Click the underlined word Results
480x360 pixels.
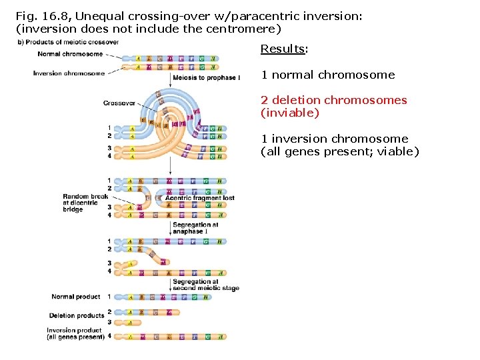click(x=279, y=49)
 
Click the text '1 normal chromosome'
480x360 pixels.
click(x=327, y=75)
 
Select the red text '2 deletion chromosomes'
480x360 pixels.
click(x=333, y=100)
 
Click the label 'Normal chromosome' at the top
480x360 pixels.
click(x=71, y=54)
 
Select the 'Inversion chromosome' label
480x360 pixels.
click(x=69, y=73)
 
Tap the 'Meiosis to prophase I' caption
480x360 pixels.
click(x=206, y=78)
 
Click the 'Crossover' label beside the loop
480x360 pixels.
click(x=119, y=103)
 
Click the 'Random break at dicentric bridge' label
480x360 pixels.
click(x=85, y=203)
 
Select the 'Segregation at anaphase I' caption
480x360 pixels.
click(x=195, y=228)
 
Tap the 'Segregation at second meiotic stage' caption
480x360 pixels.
click(x=205, y=285)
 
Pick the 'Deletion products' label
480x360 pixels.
click(x=77, y=315)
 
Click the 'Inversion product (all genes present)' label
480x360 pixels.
click(x=75, y=333)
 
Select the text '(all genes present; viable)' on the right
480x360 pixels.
click(x=339, y=151)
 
